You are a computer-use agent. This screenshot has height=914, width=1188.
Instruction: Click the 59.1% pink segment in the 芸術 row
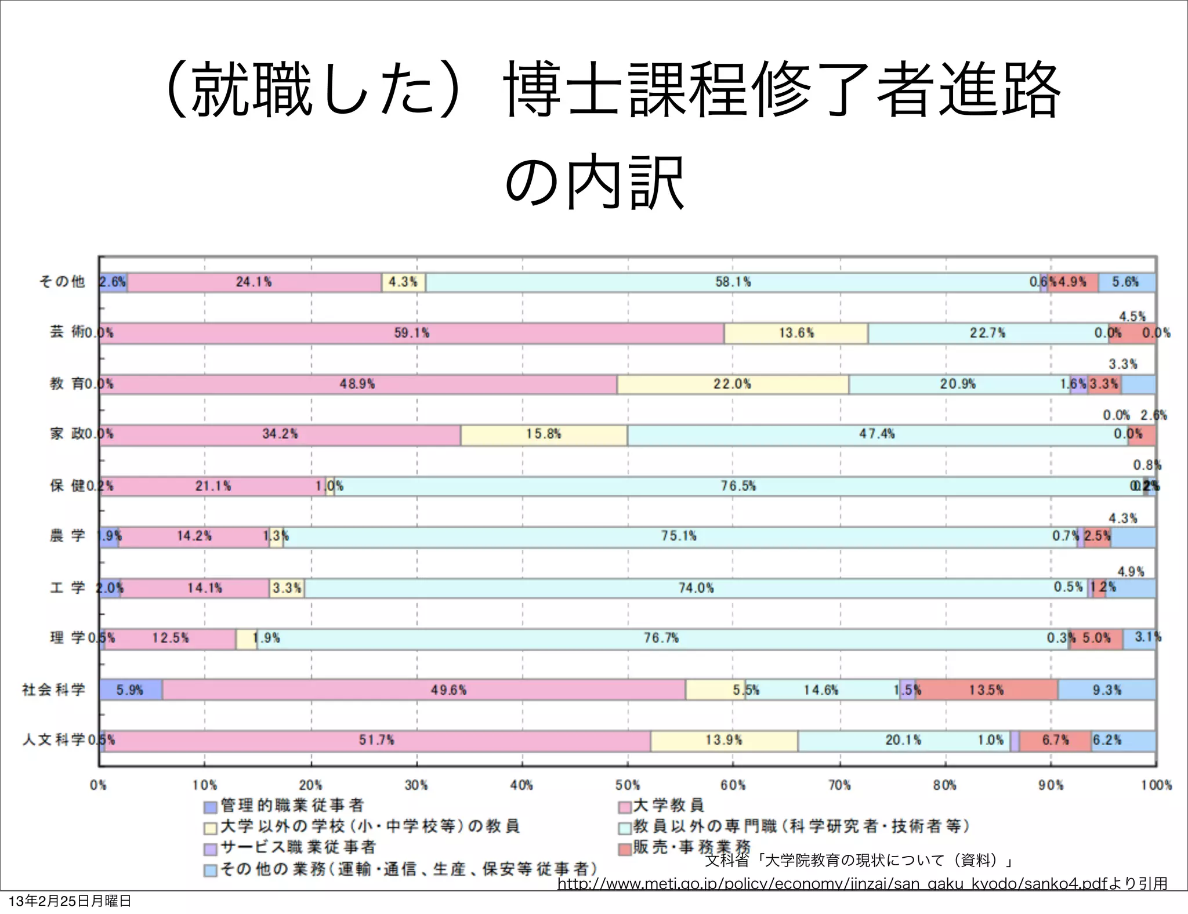412,333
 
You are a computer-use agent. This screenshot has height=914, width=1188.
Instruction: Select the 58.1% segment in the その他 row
732,282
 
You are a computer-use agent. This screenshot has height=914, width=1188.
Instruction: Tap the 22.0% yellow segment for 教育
732,384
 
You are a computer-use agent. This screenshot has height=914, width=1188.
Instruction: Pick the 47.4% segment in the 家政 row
876,434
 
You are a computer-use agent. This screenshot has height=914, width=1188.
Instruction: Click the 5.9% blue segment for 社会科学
130,690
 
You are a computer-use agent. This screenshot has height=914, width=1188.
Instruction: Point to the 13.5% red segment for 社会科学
986,690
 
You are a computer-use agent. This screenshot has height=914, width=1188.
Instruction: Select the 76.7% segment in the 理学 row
661,639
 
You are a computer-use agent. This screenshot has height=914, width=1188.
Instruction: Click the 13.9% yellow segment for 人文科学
723,741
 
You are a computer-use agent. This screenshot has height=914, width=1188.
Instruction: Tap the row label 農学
67,535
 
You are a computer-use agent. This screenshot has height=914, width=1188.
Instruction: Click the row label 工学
67,587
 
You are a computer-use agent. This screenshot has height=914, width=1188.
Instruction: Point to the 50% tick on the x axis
628,785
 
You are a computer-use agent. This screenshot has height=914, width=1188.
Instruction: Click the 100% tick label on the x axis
1156,785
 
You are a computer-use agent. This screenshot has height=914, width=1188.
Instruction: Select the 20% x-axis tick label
310,785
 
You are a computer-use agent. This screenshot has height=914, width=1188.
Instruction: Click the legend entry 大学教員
668,806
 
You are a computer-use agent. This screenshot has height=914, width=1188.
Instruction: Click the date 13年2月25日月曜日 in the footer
70,901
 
